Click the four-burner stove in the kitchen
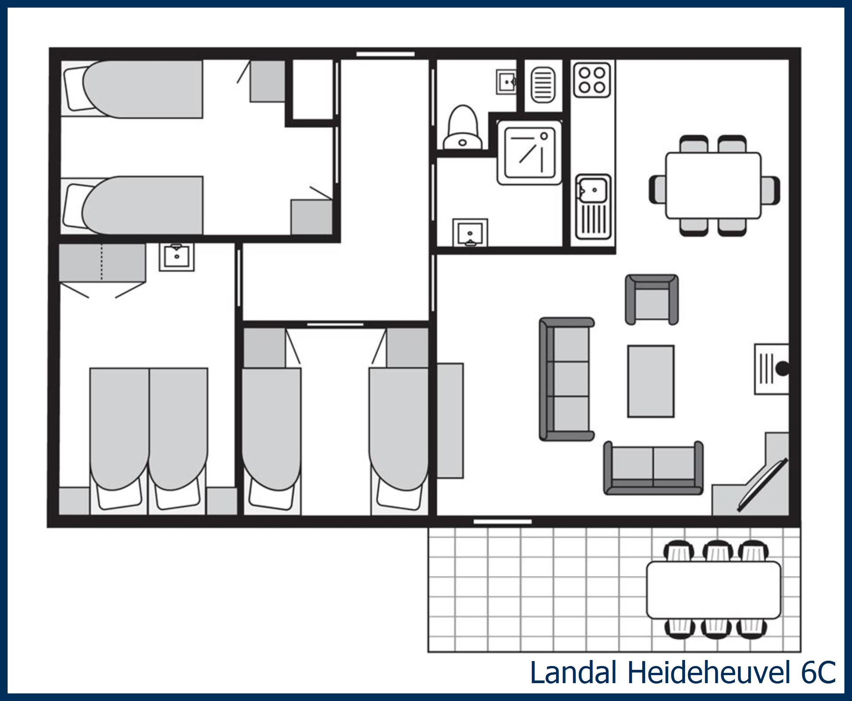(x=592, y=80)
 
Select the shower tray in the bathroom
(x=529, y=153)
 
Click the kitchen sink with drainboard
(x=593, y=206)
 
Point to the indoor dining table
(x=714, y=186)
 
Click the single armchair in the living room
(x=652, y=300)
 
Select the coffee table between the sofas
(x=651, y=381)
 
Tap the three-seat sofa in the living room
(x=566, y=378)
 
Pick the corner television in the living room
(x=763, y=485)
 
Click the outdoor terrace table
(x=714, y=590)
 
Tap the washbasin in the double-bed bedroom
(x=176, y=257)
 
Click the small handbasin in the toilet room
(x=506, y=82)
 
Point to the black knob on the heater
(x=782, y=368)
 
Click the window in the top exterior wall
(x=385, y=54)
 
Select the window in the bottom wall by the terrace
(x=502, y=522)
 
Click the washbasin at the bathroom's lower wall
(x=470, y=233)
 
